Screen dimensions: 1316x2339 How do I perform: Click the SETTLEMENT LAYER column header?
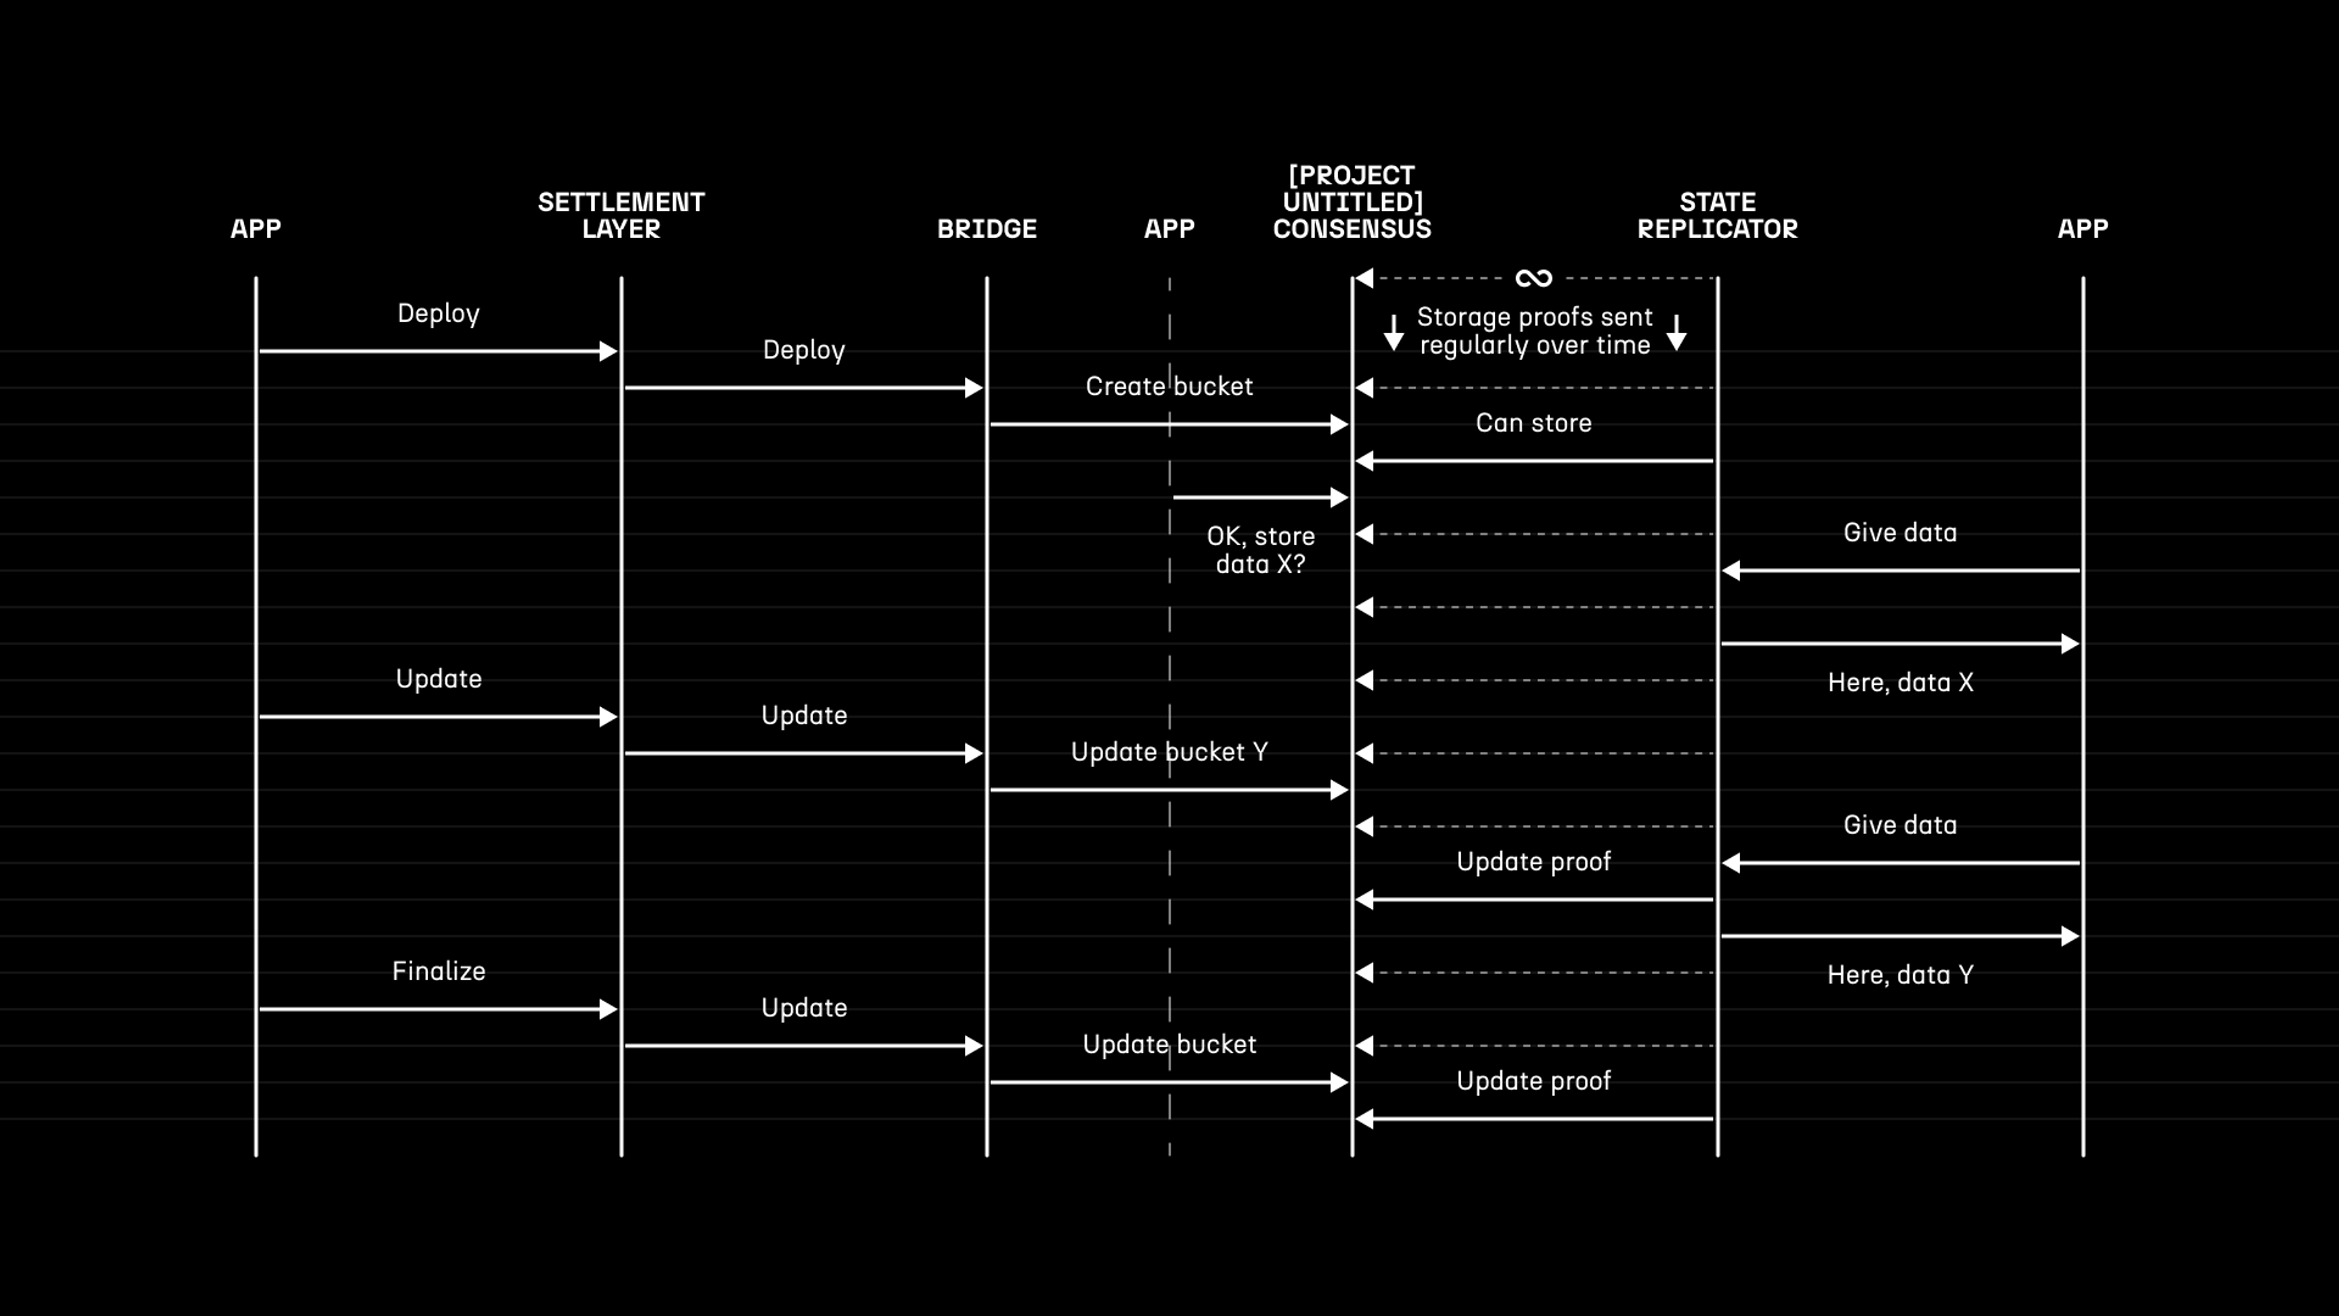click(621, 215)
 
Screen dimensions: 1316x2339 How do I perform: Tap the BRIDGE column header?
click(986, 229)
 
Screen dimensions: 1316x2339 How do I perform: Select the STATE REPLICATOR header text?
click(1717, 215)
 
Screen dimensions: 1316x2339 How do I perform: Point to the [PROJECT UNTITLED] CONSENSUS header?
click(1352, 202)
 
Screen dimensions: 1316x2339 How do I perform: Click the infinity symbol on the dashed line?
click(1534, 278)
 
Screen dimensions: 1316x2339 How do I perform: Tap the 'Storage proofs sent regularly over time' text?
click(1534, 331)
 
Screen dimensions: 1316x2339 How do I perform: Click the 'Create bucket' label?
click(1169, 387)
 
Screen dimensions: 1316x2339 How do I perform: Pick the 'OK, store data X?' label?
click(1260, 550)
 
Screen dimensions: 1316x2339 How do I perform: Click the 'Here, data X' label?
click(1900, 683)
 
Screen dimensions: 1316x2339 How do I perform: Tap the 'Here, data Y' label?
click(1900, 975)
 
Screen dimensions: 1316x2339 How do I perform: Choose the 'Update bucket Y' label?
click(1169, 752)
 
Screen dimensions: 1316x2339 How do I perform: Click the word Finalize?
click(439, 972)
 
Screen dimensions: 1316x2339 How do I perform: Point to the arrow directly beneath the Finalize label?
click(439, 1009)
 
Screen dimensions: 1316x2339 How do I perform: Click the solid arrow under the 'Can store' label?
click(1534, 461)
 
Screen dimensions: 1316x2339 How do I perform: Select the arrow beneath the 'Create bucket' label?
click(1169, 424)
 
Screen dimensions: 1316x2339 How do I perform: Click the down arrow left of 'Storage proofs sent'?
click(1394, 333)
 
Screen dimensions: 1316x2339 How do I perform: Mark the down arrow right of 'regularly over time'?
click(1677, 333)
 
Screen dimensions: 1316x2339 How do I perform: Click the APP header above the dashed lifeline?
click(1169, 229)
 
